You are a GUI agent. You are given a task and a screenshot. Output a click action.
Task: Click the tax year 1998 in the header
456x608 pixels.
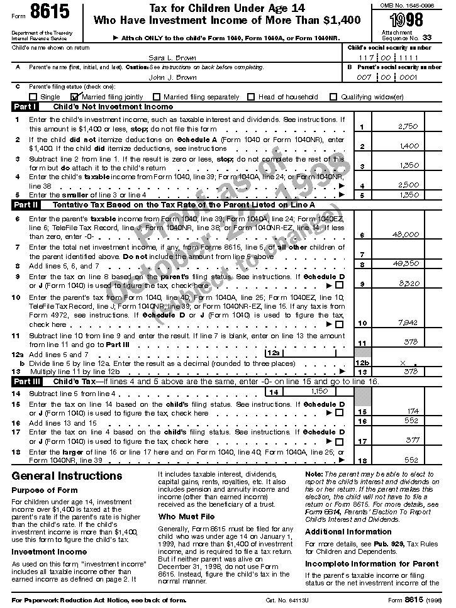[x=406, y=18]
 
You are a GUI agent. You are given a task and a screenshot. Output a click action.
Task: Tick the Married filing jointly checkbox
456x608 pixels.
[x=75, y=97]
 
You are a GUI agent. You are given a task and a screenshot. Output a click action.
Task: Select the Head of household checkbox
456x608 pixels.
[x=251, y=97]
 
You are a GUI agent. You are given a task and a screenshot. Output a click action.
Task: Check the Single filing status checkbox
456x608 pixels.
[x=33, y=97]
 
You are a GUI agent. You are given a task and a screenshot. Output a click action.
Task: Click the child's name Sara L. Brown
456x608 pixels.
[x=164, y=57]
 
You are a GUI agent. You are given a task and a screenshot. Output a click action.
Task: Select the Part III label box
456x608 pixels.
[x=27, y=382]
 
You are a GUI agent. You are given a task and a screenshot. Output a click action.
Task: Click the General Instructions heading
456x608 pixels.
[x=67, y=476]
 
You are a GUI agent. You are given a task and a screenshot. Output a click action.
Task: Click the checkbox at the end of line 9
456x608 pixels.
[x=340, y=285]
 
